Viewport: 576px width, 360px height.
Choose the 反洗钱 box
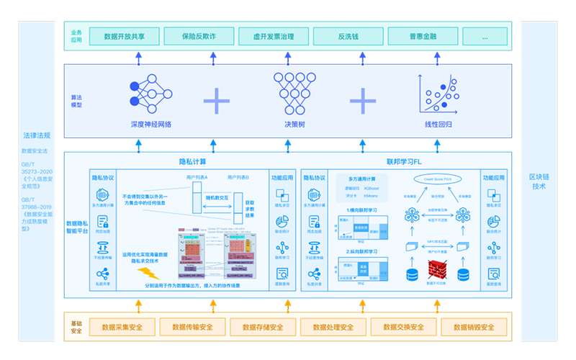(347, 36)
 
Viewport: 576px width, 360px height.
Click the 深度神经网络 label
(152, 124)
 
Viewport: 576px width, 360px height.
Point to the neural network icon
(152, 91)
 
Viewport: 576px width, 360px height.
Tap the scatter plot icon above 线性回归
(437, 94)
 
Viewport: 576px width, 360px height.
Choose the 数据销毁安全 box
(474, 328)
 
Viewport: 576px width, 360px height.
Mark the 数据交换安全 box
(404, 328)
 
